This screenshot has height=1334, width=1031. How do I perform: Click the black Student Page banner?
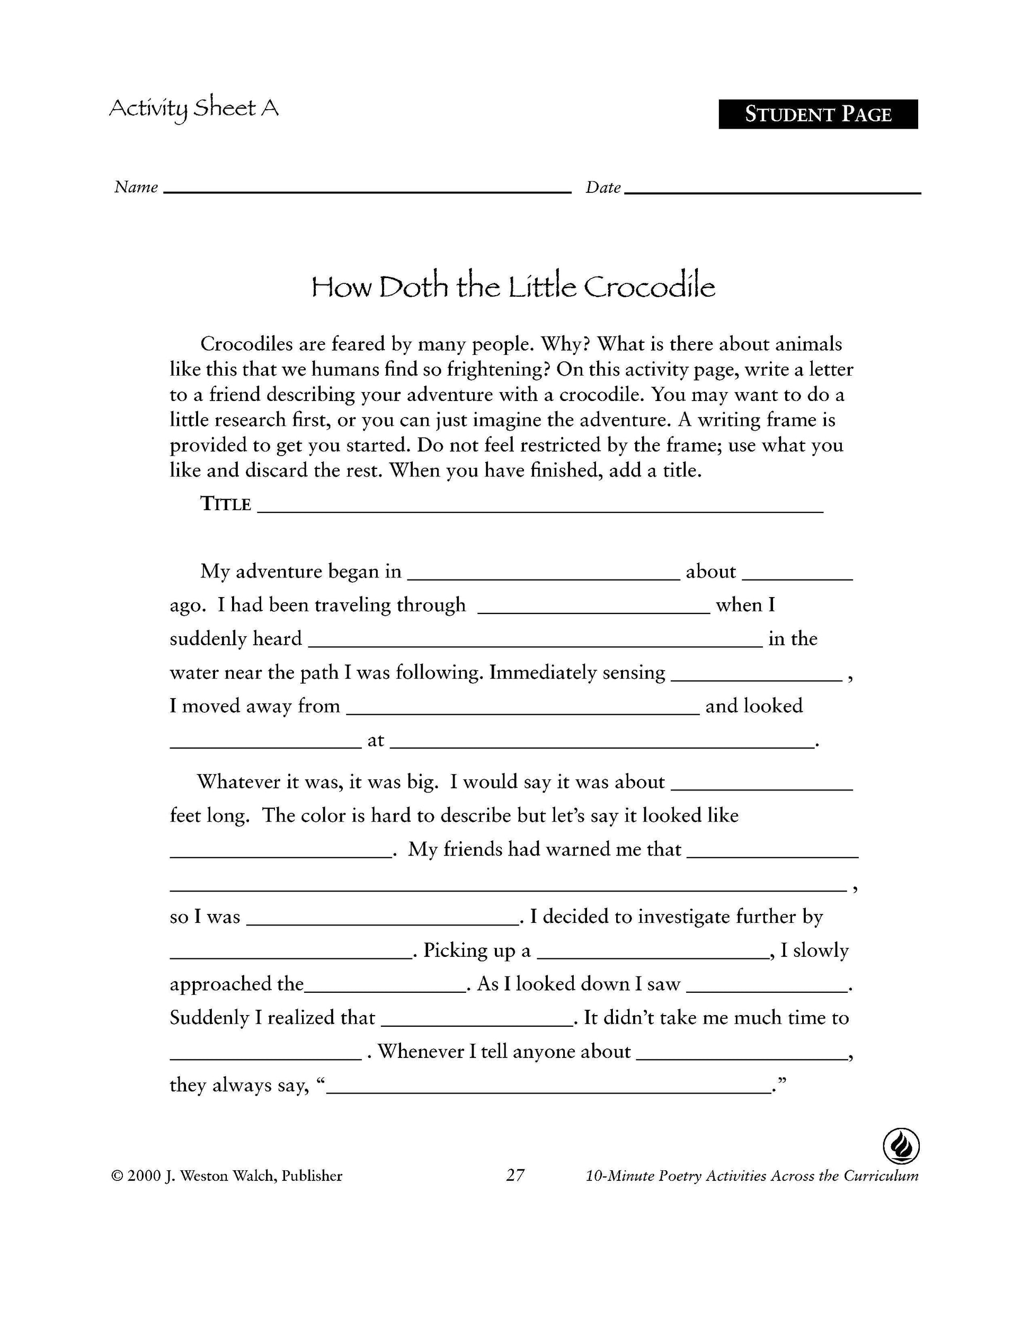click(x=817, y=114)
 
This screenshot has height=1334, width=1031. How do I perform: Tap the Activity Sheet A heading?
click(x=193, y=109)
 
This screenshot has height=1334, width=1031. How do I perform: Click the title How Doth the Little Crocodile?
click(x=512, y=287)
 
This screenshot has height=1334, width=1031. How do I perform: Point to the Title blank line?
click(x=540, y=510)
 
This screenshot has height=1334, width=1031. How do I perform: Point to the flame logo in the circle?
click(x=901, y=1146)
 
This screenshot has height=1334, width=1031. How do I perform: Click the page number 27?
click(x=515, y=1175)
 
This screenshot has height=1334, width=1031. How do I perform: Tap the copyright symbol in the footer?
click(x=117, y=1176)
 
